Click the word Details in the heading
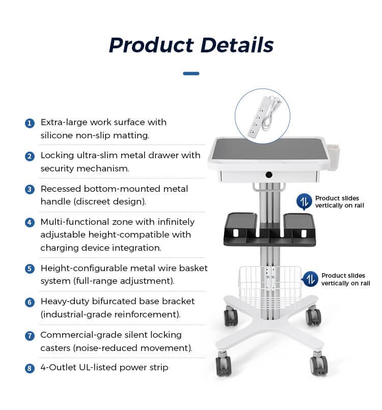click(x=237, y=45)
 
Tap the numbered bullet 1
click(x=30, y=123)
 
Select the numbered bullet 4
click(x=30, y=222)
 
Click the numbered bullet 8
click(x=30, y=368)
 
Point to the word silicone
click(x=57, y=135)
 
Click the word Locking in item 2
click(x=58, y=156)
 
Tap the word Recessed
click(x=61, y=189)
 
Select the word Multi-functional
click(x=75, y=222)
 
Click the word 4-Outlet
click(x=58, y=367)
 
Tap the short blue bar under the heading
click(x=191, y=73)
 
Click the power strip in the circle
click(x=264, y=116)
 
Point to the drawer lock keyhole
click(x=269, y=174)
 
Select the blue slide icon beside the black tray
click(x=304, y=201)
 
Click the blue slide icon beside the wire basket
click(x=310, y=279)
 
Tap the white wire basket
click(x=270, y=286)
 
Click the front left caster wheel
click(x=223, y=364)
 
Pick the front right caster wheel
click(x=319, y=364)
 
